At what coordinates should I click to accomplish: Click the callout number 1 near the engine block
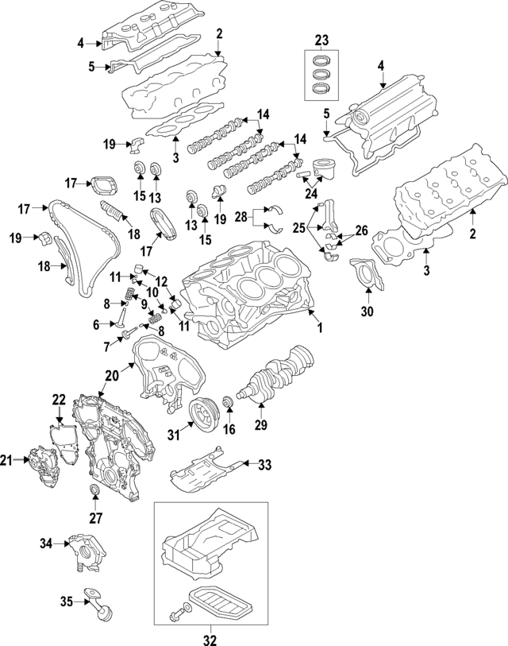pos(321,327)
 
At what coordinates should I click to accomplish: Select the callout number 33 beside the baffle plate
pos(265,463)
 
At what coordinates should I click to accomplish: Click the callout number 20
pos(110,374)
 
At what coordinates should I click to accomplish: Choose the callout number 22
pos(59,399)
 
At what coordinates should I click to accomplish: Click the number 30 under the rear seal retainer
pos(367,311)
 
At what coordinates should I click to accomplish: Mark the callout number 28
pos(240,216)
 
